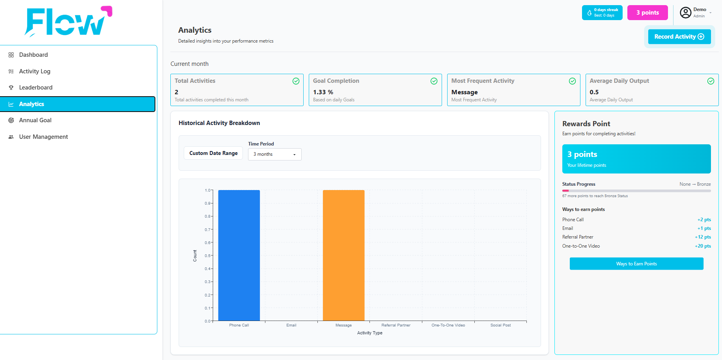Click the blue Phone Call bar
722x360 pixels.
pyautogui.click(x=239, y=256)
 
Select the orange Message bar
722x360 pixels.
pyautogui.click(x=343, y=256)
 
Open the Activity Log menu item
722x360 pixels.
pyautogui.click(x=35, y=71)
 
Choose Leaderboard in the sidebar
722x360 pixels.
pyautogui.click(x=35, y=88)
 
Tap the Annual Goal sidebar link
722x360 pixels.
pyautogui.click(x=35, y=120)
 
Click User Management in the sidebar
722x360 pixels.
pyautogui.click(x=43, y=137)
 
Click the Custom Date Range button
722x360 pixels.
pyautogui.click(x=213, y=153)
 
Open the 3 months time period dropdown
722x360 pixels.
pyautogui.click(x=274, y=154)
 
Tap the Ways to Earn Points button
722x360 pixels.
pyautogui.click(x=636, y=264)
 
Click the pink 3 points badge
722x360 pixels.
pyautogui.click(x=647, y=13)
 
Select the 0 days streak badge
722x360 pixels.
pyautogui.click(x=602, y=13)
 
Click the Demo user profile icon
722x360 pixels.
pyautogui.click(x=686, y=13)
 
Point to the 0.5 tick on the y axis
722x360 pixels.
pyautogui.click(x=207, y=256)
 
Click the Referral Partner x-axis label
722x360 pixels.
pyautogui.click(x=396, y=325)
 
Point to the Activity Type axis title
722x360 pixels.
pyautogui.click(x=370, y=333)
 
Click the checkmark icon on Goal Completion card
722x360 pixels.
pyautogui.click(x=434, y=81)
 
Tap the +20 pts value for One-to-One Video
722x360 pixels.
pyautogui.click(x=703, y=246)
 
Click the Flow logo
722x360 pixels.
pyautogui.click(x=68, y=22)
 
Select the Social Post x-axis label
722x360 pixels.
pyautogui.click(x=500, y=325)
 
